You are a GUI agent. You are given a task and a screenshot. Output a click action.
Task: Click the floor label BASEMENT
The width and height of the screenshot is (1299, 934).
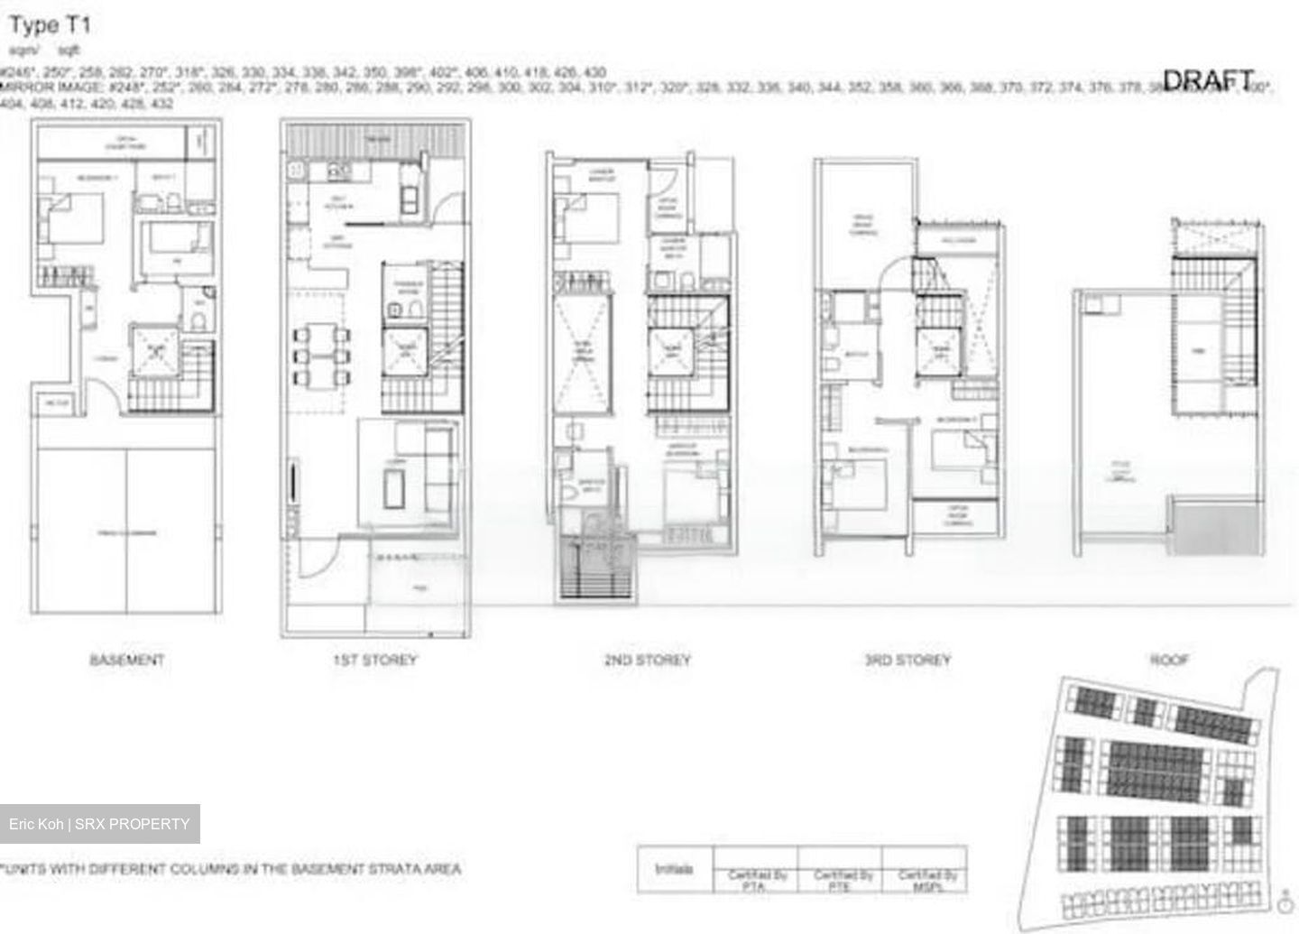[126, 660]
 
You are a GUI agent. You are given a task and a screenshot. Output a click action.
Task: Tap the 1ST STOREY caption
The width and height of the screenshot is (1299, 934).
[374, 660]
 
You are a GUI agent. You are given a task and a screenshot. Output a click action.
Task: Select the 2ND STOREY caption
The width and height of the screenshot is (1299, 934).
[647, 660]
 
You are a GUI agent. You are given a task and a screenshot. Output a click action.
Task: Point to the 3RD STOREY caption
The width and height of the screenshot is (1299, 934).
[907, 660]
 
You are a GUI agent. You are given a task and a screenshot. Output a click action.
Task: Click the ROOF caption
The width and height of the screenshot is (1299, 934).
[1169, 660]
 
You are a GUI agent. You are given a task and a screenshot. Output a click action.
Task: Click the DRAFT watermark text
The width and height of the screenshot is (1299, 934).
[1208, 80]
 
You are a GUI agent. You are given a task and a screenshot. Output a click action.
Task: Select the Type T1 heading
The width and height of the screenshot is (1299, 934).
[50, 24]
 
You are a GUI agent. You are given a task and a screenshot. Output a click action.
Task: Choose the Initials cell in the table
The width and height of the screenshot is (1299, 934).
[675, 869]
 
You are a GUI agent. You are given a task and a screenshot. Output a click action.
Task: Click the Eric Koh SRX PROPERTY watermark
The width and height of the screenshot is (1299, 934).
[99, 824]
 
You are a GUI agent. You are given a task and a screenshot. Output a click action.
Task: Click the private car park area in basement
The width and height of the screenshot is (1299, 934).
[126, 532]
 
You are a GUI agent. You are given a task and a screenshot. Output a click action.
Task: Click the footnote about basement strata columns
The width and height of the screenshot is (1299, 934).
[231, 869]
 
